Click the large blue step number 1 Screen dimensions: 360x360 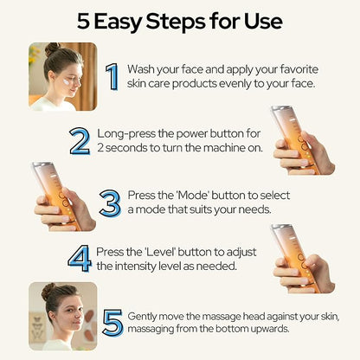tap(112, 77)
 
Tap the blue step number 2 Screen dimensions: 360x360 tap(80, 141)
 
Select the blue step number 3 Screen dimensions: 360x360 tap(110, 203)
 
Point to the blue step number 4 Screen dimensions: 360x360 tap(80, 259)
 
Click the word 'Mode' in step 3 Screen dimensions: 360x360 tap(192, 196)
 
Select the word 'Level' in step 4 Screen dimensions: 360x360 tap(160, 252)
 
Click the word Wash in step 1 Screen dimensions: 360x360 tap(140, 69)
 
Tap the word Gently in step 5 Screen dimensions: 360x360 tap(142, 317)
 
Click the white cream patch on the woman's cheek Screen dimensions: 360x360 tap(67, 81)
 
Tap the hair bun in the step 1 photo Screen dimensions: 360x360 tap(52, 48)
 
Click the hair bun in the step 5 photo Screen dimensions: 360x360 tap(48, 292)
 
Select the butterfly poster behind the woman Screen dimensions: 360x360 tap(37, 327)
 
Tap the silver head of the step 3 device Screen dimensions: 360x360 tap(41, 165)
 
